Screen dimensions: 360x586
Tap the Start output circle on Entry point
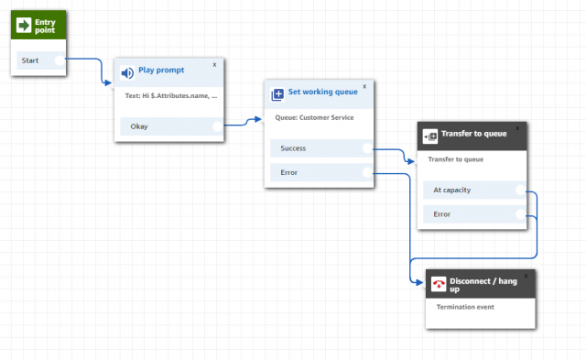point(60,61)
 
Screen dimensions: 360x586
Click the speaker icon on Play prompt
point(128,72)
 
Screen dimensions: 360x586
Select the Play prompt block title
point(160,70)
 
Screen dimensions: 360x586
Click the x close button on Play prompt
point(215,64)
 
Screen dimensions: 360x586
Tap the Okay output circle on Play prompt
point(217,126)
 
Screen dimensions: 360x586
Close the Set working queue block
point(364,86)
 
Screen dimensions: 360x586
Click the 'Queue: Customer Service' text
point(315,117)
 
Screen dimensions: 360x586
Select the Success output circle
point(367,147)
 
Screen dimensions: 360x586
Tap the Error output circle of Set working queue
point(367,171)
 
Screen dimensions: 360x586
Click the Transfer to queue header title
point(473,134)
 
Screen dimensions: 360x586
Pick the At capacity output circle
point(520,191)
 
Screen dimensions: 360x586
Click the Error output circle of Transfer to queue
point(520,214)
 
